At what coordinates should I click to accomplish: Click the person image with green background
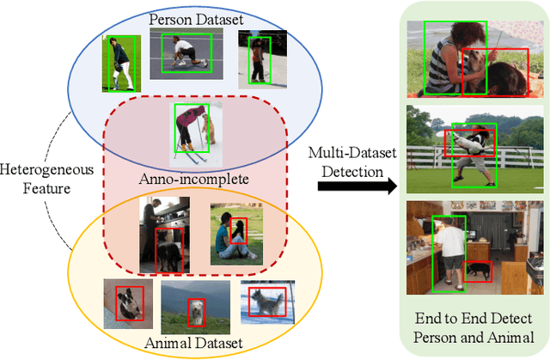119,63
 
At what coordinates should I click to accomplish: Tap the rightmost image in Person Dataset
256,59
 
